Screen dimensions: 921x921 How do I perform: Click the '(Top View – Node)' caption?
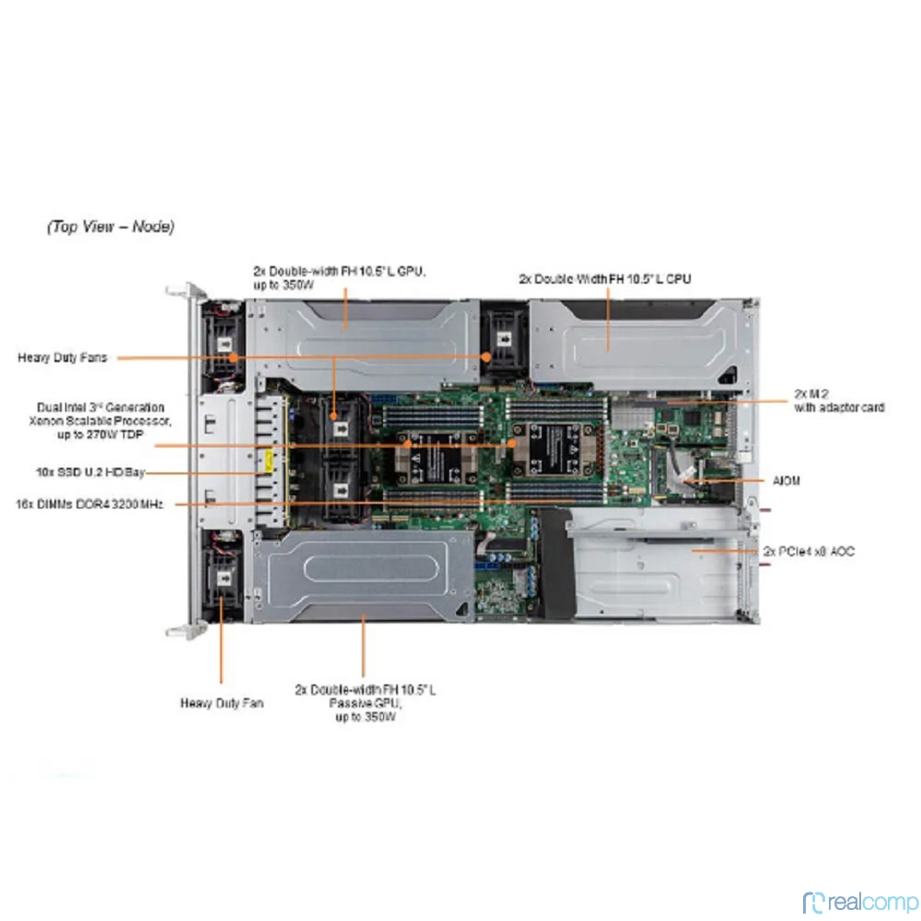pyautogui.click(x=111, y=226)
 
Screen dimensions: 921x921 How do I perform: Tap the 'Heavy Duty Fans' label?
pyautogui.click(x=62, y=357)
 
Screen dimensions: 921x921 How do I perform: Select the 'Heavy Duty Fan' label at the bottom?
pyautogui.click(x=221, y=703)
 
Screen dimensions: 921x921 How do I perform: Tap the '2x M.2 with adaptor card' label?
pyautogui.click(x=839, y=401)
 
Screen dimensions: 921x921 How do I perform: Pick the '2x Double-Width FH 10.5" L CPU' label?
pyautogui.click(x=604, y=277)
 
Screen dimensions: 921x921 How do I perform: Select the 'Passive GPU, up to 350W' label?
pyautogui.click(x=366, y=702)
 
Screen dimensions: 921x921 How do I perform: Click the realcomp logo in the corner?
pyautogui.click(x=860, y=901)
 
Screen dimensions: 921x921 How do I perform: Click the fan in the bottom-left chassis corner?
pyautogui.click(x=221, y=576)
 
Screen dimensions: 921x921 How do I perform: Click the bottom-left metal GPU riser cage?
pyautogui.click(x=364, y=576)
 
